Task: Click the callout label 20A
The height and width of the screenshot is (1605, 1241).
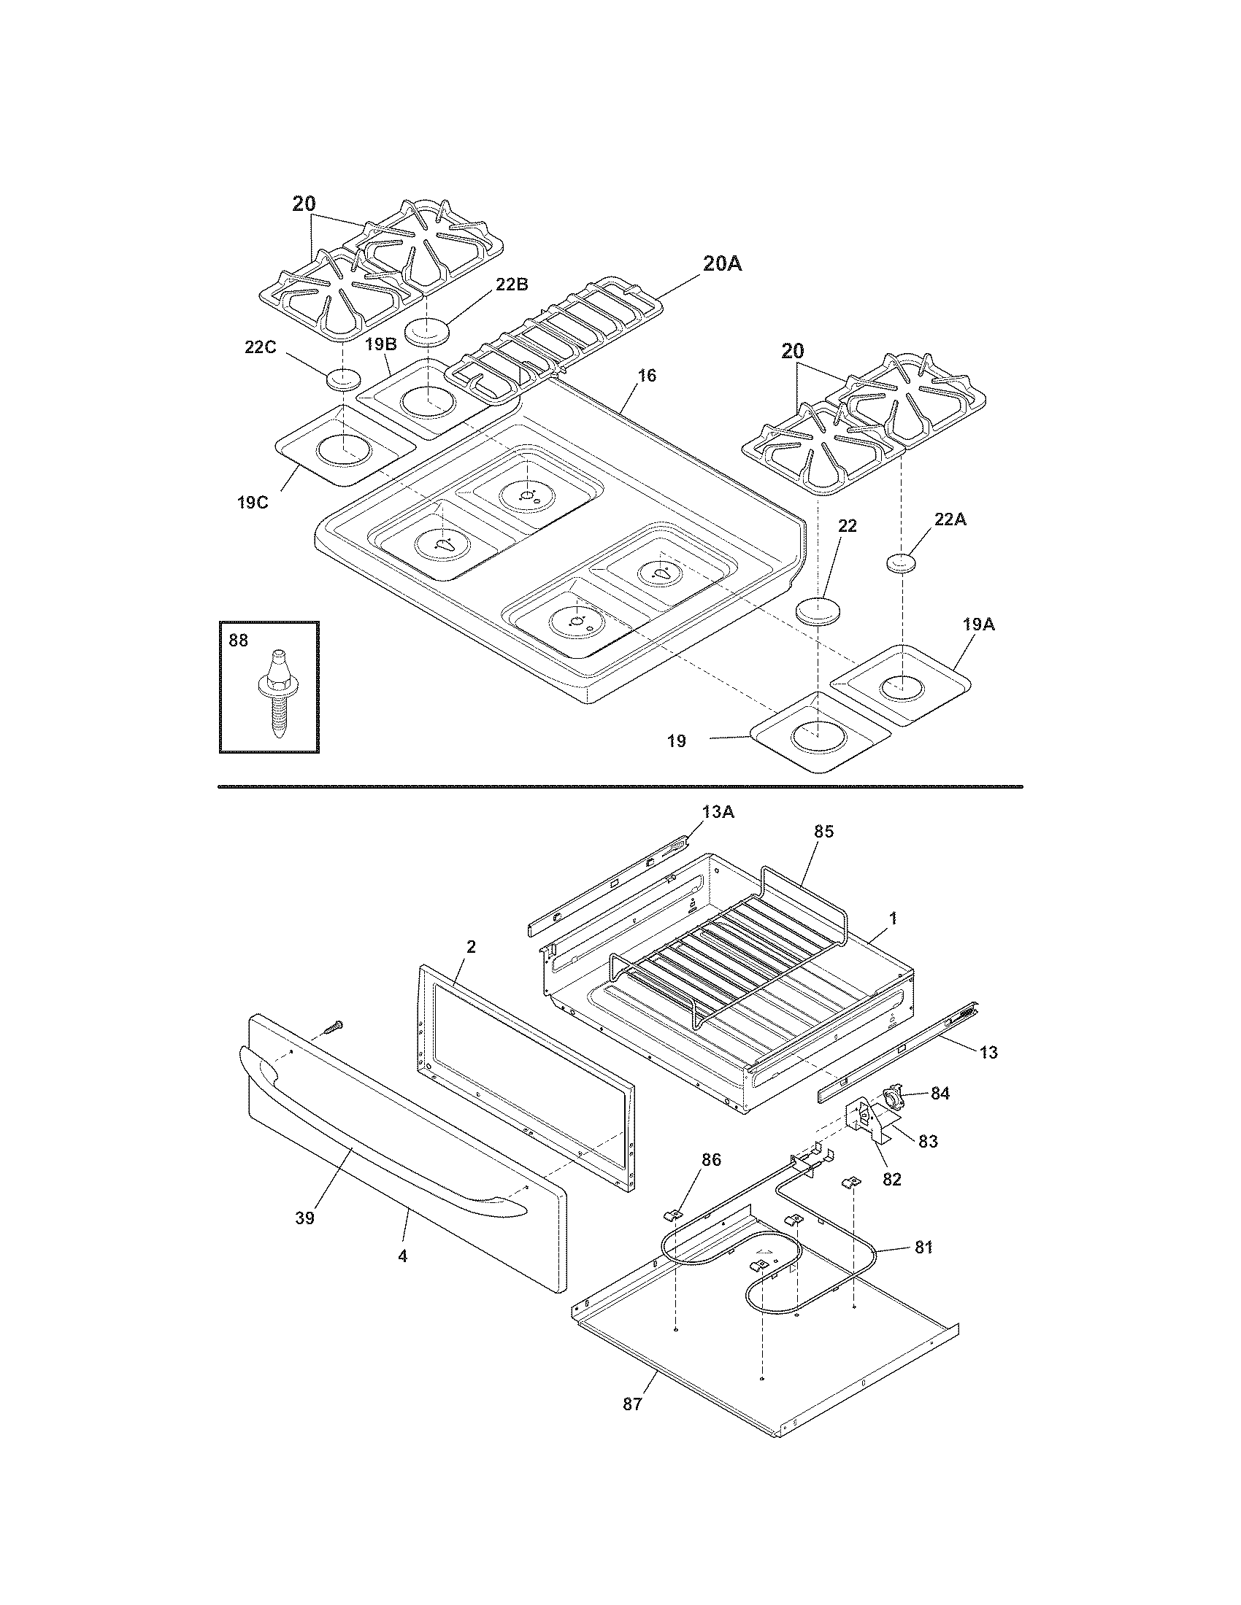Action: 722,265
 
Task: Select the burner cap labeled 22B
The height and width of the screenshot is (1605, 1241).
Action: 427,330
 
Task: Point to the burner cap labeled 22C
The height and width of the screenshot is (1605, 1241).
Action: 343,380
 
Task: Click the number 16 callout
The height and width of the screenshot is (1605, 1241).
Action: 647,376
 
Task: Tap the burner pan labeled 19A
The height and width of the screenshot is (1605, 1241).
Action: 902,684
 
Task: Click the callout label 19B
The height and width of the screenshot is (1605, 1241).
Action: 381,344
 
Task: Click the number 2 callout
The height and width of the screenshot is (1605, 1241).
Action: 471,946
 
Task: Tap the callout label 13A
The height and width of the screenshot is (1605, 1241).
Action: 718,811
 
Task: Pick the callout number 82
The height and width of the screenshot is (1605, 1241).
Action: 891,1180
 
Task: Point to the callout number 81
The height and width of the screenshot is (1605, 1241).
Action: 923,1247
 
